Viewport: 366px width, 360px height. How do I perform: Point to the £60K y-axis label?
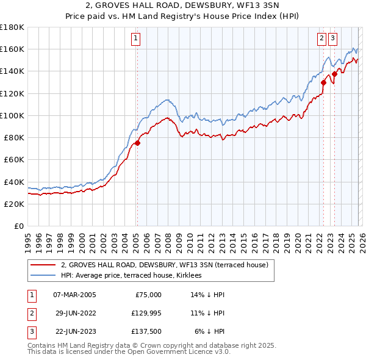(13, 159)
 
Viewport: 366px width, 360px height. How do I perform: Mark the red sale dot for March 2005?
(137, 143)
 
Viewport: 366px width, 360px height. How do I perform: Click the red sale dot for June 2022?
(323, 83)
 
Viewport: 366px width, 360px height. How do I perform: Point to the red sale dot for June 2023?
(334, 74)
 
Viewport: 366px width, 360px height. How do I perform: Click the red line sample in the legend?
(43, 265)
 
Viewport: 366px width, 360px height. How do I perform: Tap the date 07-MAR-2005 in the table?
(74, 295)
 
